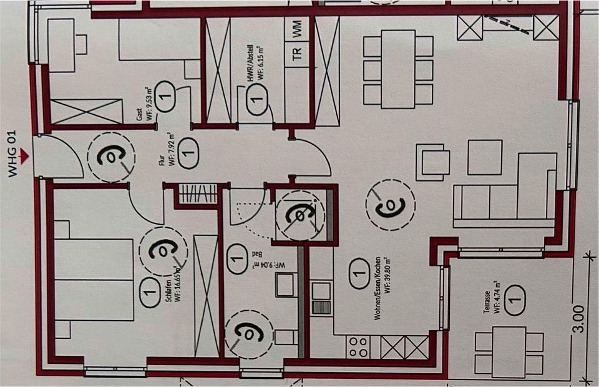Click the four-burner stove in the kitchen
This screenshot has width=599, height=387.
tap(359, 347)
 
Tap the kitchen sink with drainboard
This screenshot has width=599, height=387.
tap(323, 298)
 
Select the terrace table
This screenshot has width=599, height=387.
tap(508, 351)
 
